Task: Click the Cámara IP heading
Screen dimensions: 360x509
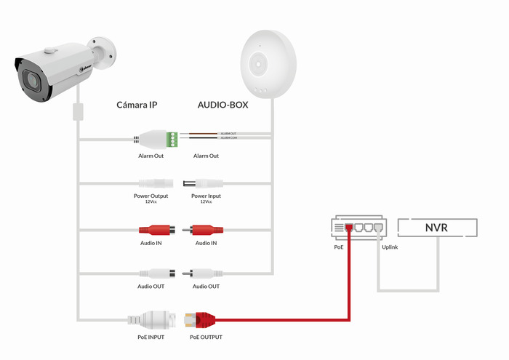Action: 137,105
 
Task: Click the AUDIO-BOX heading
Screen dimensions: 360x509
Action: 223,105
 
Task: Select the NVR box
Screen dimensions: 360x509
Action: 436,228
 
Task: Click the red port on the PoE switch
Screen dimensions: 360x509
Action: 350,227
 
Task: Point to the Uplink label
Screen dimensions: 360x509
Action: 390,247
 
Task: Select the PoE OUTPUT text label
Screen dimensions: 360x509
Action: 206,337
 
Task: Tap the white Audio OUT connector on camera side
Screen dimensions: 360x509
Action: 156,274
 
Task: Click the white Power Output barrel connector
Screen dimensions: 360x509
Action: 155,184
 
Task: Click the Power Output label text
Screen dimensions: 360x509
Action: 151,196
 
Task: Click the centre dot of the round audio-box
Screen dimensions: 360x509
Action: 257,64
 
